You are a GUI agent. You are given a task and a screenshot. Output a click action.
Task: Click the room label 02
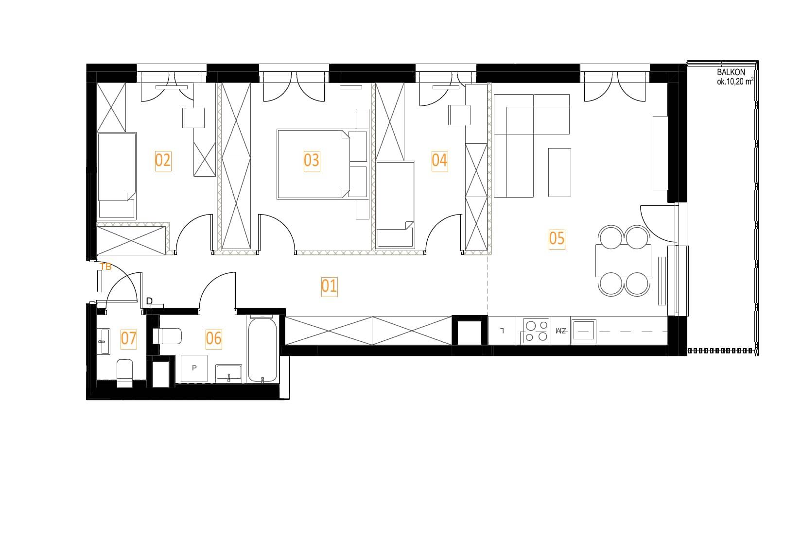click(163, 161)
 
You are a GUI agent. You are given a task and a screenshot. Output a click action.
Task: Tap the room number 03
click(312, 161)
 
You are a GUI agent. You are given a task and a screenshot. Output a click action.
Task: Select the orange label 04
click(440, 161)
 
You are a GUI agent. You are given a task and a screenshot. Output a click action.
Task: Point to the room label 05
click(557, 239)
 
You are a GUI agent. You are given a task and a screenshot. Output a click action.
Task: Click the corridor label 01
click(329, 286)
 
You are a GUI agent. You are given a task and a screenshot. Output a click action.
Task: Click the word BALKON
click(731, 72)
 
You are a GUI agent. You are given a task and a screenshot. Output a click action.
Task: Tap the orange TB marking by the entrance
click(106, 267)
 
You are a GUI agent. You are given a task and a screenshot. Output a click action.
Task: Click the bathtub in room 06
click(262, 350)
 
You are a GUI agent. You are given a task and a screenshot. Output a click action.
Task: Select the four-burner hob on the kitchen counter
click(536, 331)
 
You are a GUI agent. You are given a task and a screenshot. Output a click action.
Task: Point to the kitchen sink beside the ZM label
click(584, 332)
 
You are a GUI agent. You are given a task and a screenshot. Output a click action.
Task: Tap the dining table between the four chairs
click(623, 260)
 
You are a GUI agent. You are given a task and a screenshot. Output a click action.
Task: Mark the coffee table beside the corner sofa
click(559, 172)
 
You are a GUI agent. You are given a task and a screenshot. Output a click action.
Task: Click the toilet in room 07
click(124, 373)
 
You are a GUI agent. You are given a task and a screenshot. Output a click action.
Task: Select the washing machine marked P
click(194, 368)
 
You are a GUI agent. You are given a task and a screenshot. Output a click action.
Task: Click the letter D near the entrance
click(149, 301)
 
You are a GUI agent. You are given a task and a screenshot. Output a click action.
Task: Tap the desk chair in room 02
click(193, 117)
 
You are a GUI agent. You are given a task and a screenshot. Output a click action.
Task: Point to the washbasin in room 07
click(104, 342)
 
